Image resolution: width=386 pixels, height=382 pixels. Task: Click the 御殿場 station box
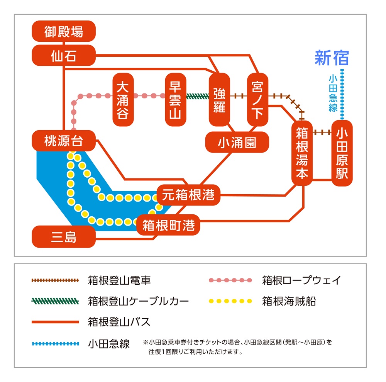click(64, 31)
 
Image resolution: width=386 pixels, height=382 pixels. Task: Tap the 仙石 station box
click(64, 56)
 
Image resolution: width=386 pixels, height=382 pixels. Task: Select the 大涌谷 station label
click(123, 100)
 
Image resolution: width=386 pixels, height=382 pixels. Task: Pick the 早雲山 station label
click(176, 100)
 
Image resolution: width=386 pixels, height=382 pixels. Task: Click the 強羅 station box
click(219, 100)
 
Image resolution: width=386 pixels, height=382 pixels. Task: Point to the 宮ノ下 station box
click(257, 100)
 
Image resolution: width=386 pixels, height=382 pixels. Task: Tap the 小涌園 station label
click(237, 143)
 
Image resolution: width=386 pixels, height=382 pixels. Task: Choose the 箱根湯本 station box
click(301, 153)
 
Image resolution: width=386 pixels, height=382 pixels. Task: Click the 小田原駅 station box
click(342, 153)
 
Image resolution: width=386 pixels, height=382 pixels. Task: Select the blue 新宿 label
click(332, 58)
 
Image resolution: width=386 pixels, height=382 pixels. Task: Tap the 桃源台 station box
click(64, 141)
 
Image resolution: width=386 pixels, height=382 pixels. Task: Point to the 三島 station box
click(64, 237)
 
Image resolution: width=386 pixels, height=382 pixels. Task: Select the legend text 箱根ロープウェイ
click(301, 280)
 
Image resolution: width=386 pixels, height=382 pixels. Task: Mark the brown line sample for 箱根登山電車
click(55, 280)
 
